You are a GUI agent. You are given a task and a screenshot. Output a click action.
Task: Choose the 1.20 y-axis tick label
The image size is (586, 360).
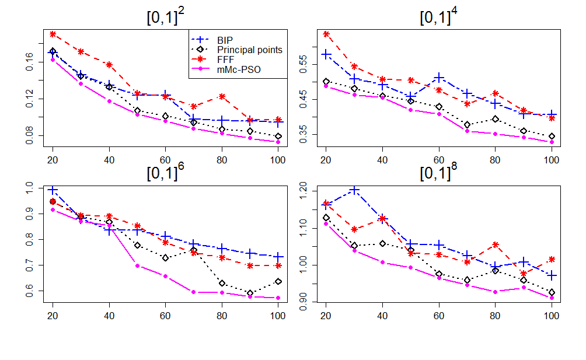[x=303, y=191]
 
